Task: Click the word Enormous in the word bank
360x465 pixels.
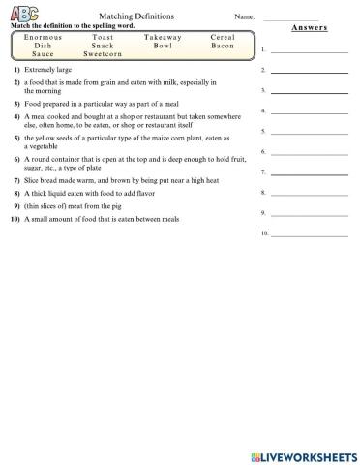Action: (44, 36)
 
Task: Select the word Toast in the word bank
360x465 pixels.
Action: (103, 36)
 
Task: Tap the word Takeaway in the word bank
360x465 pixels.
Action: (163, 36)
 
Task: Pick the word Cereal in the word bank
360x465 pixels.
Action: (222, 36)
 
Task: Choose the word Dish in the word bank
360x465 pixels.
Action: (44, 45)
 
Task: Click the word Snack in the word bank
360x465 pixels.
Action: (103, 45)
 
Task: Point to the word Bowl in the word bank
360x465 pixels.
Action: (163, 45)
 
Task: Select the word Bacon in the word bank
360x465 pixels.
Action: (222, 45)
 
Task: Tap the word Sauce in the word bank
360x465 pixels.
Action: (44, 54)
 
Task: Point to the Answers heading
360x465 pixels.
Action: (310, 28)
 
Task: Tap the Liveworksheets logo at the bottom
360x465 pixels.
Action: (303, 455)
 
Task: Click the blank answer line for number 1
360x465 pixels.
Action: (310, 49)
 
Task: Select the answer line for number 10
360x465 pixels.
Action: (310, 234)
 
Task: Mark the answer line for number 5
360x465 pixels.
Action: (310, 132)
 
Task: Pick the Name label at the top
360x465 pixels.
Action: (244, 17)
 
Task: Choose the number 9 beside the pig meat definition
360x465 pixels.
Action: (16, 206)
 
